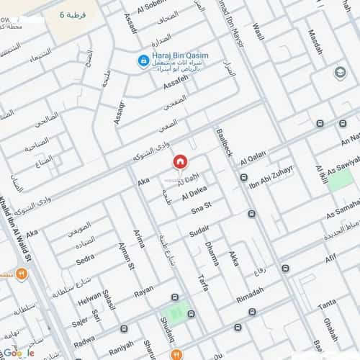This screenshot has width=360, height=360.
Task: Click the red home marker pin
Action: [180, 161]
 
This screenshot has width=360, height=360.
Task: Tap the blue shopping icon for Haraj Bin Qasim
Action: [143, 62]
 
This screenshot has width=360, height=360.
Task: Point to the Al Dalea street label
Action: [194, 194]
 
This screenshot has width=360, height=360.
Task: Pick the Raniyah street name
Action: [121, 344]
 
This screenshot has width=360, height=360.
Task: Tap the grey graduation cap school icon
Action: [340, 73]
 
